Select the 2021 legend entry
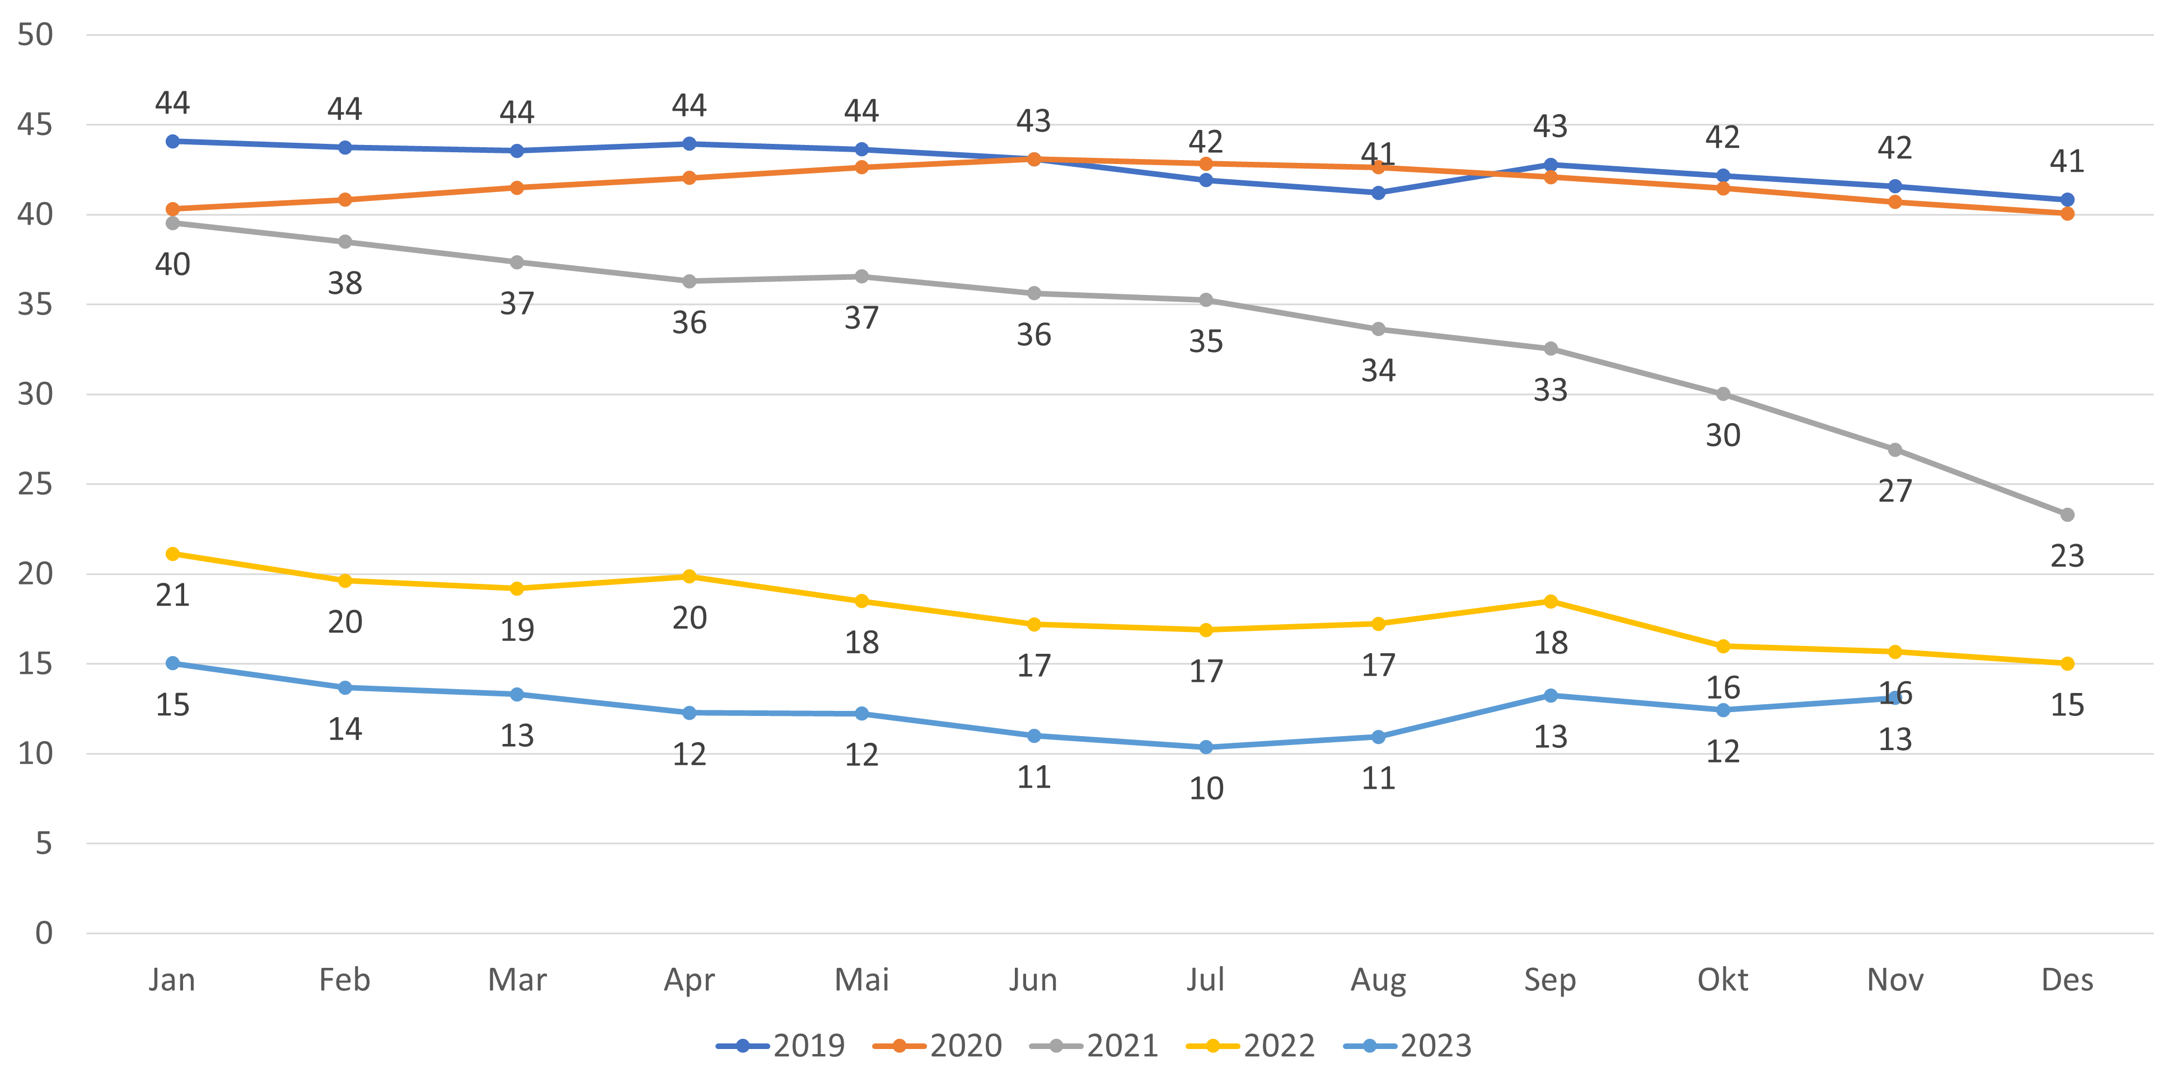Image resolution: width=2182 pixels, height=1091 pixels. coord(1094,1046)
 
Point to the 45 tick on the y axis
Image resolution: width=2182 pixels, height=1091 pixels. coord(35,125)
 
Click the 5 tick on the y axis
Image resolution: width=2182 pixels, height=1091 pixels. coord(43,844)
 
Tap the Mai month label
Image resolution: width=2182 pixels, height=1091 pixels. coord(861,980)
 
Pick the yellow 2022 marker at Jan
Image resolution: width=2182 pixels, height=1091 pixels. coord(173,554)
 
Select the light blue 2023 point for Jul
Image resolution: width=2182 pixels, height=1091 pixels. coord(1206,747)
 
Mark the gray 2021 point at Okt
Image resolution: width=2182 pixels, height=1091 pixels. coord(1723,395)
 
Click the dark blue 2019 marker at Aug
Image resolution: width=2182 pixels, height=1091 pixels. coord(1378,193)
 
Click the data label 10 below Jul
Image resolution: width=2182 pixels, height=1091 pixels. coord(1206,789)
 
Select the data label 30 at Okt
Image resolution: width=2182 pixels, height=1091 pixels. coord(1723,436)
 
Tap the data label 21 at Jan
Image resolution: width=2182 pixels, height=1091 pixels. coord(173,596)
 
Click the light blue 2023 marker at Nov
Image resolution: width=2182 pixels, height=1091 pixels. coord(1895,699)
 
